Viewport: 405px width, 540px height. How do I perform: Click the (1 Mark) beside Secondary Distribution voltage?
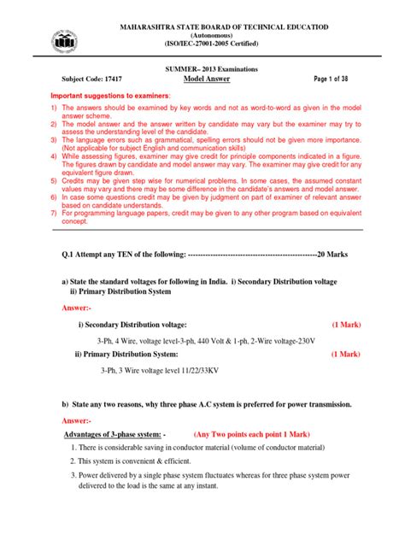tap(344, 326)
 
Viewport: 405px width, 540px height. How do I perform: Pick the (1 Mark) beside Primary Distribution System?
tap(344, 354)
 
